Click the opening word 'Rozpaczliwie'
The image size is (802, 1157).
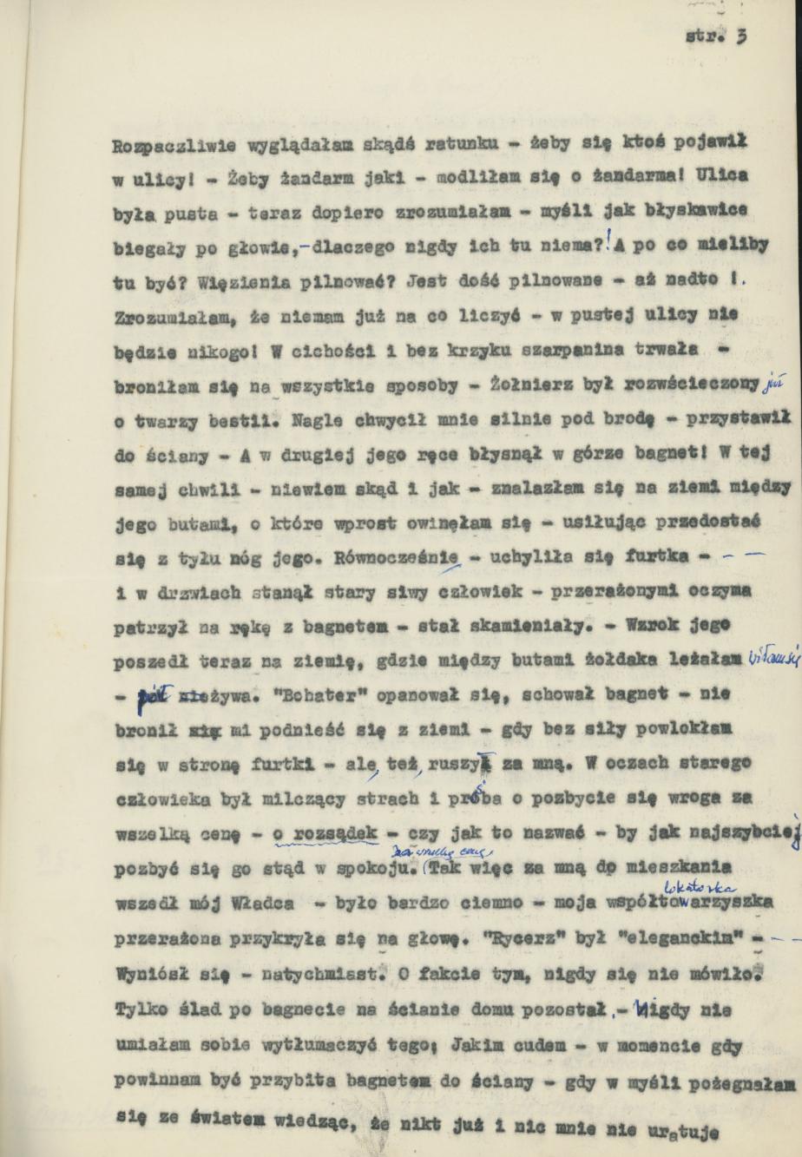pyautogui.click(x=161, y=148)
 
